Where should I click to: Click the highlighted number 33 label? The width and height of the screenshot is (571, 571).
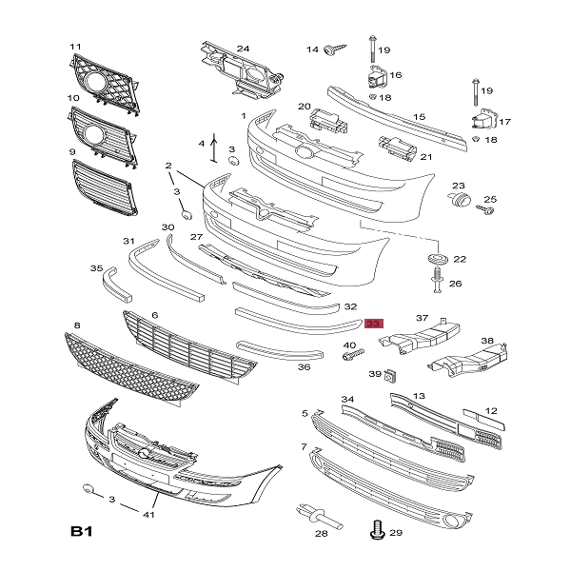[373, 324]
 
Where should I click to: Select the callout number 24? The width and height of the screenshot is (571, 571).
[243, 49]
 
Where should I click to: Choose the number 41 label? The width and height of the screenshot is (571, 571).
[148, 514]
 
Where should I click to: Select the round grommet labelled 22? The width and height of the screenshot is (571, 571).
[436, 259]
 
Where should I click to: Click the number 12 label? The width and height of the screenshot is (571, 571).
[491, 411]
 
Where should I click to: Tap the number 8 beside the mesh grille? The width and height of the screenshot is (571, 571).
[76, 326]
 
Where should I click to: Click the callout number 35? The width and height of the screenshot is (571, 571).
[96, 269]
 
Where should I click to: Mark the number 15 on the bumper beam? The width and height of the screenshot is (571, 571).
[419, 118]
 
